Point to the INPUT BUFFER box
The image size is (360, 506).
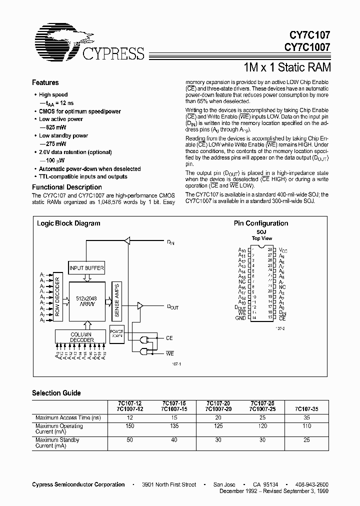tap(87, 268)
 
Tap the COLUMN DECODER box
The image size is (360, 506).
tap(81, 337)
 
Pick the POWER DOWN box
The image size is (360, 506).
tap(116, 333)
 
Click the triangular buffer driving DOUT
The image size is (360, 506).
tap(140, 305)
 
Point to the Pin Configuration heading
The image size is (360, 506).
tap(261, 223)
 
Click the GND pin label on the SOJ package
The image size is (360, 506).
tap(241, 318)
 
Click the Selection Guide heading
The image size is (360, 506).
tap(56, 393)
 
